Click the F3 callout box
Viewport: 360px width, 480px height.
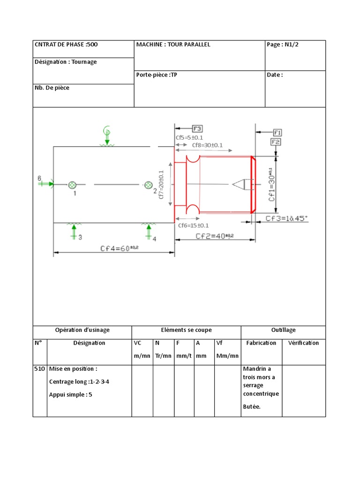197,128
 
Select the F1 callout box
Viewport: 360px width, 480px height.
277,132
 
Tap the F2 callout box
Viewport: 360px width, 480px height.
276,142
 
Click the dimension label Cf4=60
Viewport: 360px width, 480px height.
120,248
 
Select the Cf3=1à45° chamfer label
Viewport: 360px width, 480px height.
286,218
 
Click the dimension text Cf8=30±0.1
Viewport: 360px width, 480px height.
207,145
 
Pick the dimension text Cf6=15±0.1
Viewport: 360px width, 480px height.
193,225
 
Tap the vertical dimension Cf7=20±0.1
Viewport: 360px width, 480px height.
161,185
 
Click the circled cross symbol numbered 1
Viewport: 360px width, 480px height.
72,185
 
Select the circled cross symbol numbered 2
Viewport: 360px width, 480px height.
148,185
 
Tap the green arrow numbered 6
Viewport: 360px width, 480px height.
46,184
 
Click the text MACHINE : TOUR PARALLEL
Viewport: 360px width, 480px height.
173,45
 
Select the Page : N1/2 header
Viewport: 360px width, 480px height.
282,45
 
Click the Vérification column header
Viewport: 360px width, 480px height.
303,343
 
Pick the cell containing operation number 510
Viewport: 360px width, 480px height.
39,369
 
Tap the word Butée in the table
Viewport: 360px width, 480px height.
252,406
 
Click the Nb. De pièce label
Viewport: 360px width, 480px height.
52,88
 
